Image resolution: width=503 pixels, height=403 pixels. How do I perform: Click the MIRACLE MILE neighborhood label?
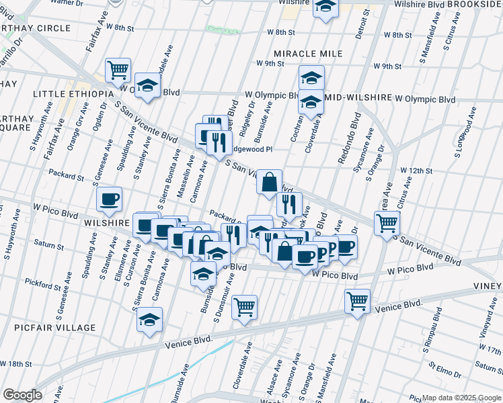pyautogui.click(x=309, y=53)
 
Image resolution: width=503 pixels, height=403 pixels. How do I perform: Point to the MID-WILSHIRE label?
pyautogui.click(x=358, y=97)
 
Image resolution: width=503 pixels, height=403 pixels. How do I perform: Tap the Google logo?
pyautogui.click(x=22, y=395)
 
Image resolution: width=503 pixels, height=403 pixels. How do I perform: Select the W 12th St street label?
pyautogui.click(x=415, y=171)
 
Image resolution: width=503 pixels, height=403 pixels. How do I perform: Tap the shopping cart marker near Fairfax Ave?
pyautogui.click(x=118, y=69)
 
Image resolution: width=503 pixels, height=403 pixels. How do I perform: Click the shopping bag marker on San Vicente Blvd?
pyautogui.click(x=269, y=181)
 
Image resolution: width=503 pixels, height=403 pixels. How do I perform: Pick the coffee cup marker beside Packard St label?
pyautogui.click(x=109, y=198)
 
